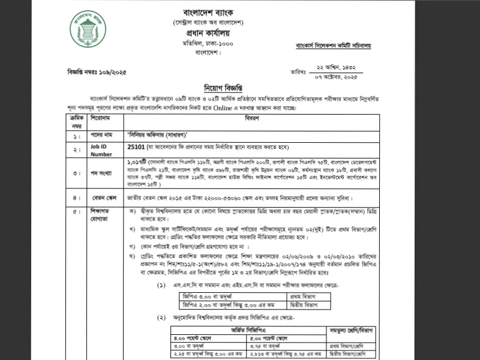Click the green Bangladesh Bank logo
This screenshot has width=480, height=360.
[x=87, y=29]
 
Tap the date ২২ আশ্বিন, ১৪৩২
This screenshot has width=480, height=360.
[x=337, y=68]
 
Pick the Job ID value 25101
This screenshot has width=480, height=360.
[x=137, y=145]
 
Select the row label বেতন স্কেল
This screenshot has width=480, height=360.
[x=103, y=197]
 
